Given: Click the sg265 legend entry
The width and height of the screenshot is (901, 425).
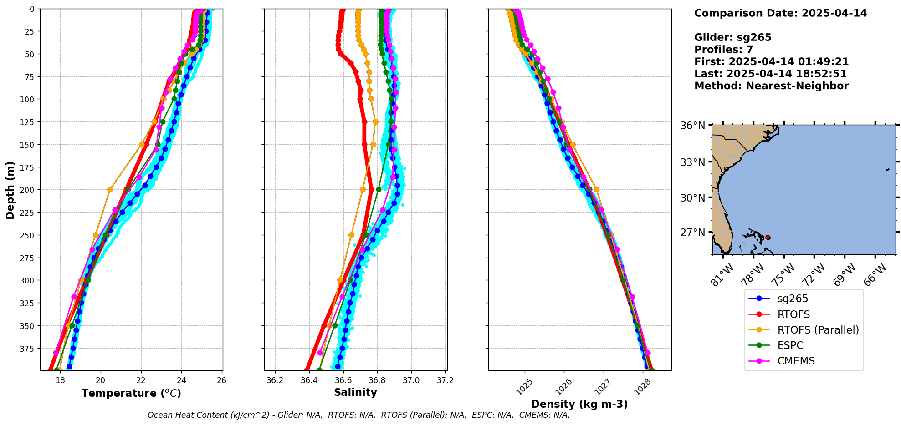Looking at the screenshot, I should (792, 299).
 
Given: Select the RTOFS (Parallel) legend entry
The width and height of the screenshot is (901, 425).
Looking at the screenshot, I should (818, 330).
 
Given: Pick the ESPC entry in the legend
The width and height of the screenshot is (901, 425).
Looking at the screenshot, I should (790, 345).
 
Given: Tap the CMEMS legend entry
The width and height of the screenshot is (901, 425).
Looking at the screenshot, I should (795, 361).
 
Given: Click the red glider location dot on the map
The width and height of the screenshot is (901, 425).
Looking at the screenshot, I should (768, 238).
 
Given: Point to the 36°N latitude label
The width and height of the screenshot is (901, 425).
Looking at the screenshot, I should (692, 126).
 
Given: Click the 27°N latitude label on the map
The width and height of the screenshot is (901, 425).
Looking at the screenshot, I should (692, 233).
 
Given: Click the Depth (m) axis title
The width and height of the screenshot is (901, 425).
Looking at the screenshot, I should (10, 190).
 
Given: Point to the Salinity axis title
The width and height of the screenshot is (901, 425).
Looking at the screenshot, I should (355, 393).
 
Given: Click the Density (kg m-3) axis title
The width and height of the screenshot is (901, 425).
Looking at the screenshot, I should (579, 404).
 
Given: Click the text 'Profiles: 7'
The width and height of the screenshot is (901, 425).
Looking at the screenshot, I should (723, 50).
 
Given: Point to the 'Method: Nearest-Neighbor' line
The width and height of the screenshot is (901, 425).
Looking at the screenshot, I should (771, 86).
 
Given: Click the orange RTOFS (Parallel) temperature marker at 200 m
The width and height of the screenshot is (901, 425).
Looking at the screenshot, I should (110, 189).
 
